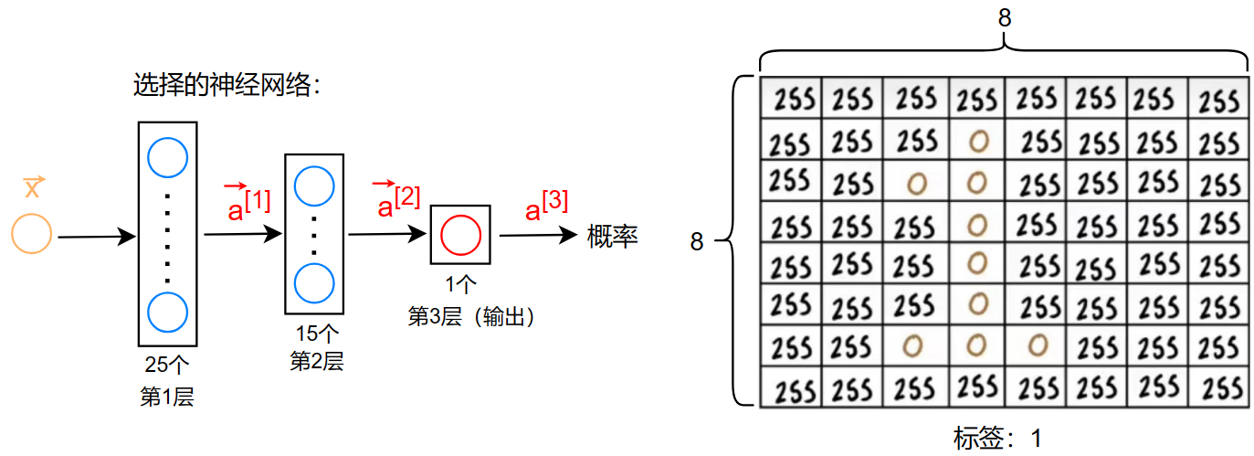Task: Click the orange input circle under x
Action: click(x=32, y=233)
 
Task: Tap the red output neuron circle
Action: click(x=460, y=235)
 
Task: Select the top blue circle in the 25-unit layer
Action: click(x=167, y=158)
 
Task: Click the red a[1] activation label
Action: click(x=248, y=204)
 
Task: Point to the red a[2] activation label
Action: click(x=397, y=201)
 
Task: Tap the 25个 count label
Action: click(x=167, y=366)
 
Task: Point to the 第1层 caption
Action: click(x=167, y=398)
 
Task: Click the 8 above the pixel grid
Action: click(x=1005, y=18)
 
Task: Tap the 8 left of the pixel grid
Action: click(x=697, y=242)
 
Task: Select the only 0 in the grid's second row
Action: click(x=978, y=141)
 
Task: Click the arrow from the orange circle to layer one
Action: click(x=96, y=238)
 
